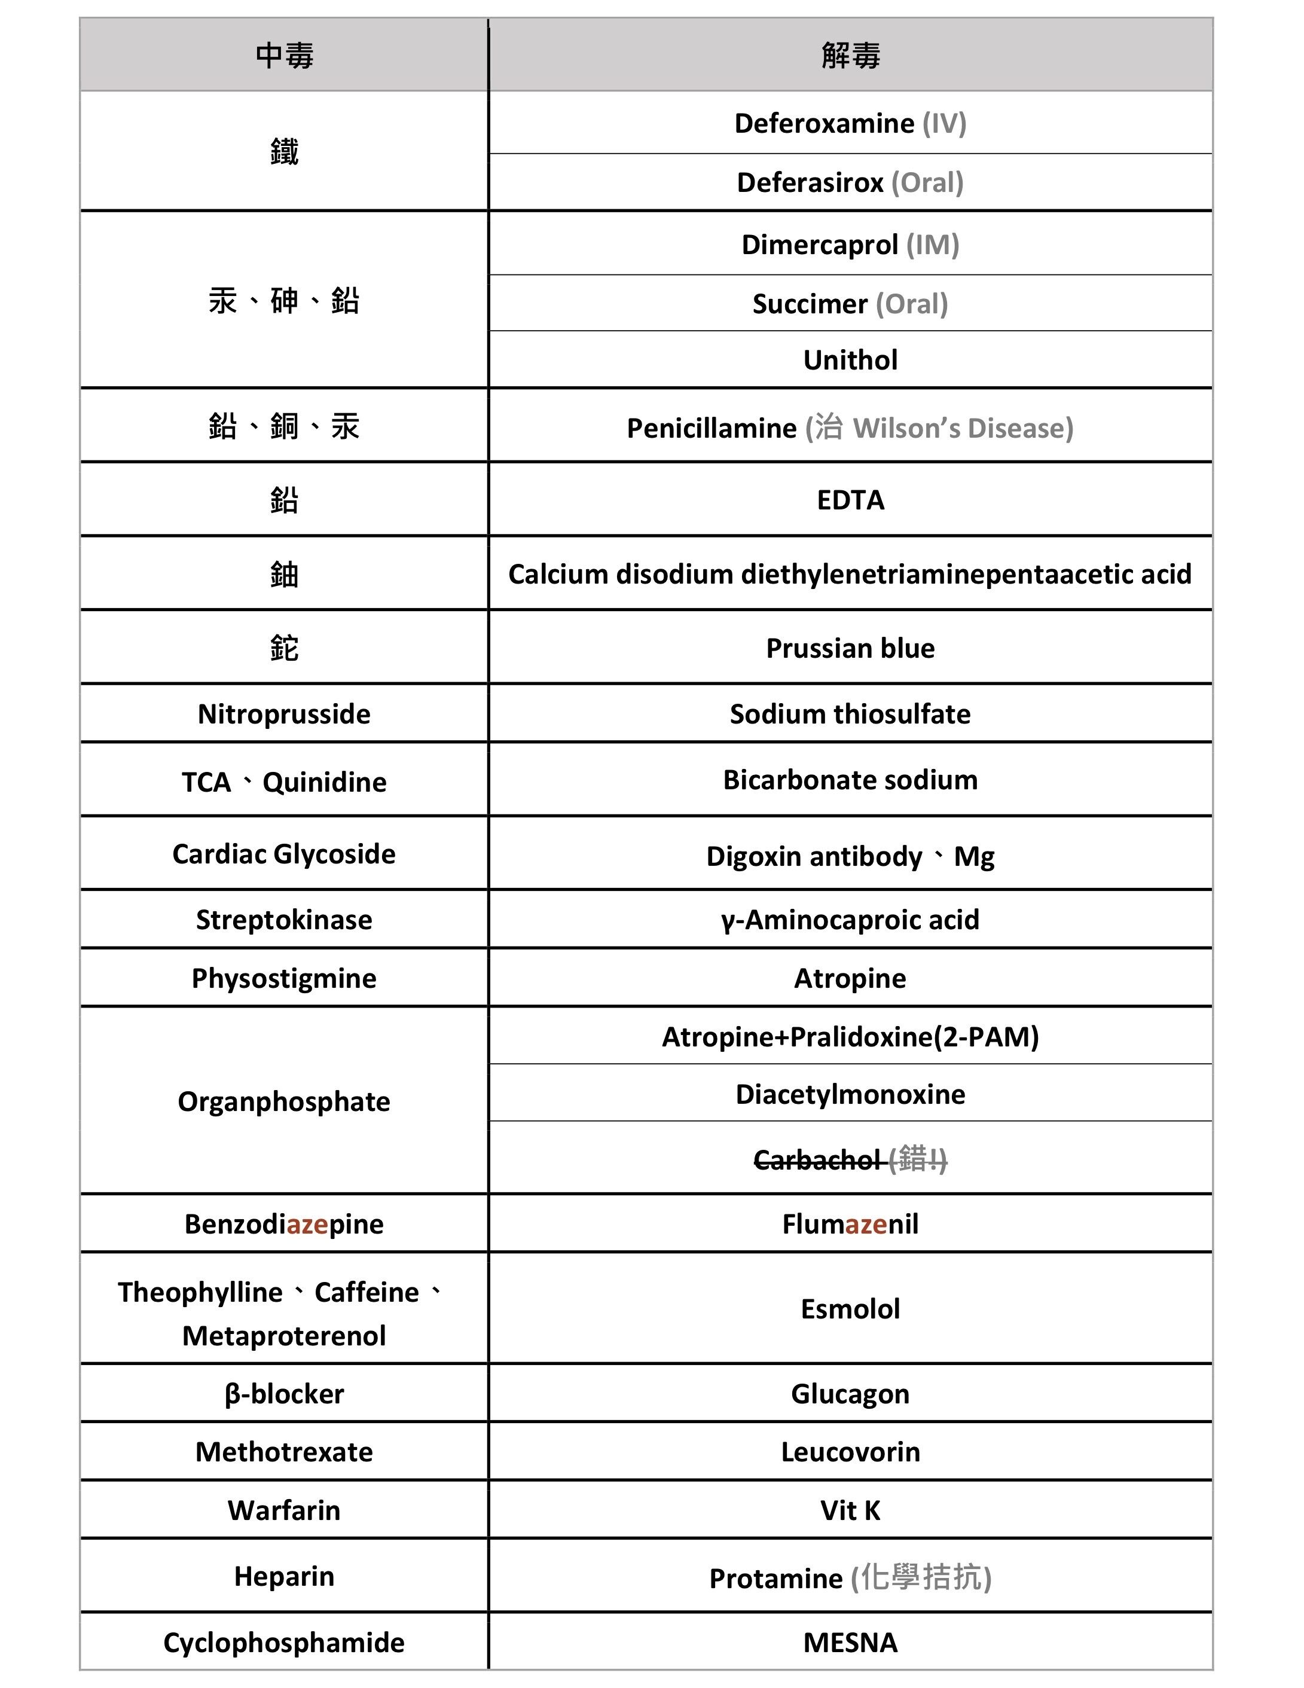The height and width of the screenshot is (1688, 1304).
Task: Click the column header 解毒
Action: coord(850,56)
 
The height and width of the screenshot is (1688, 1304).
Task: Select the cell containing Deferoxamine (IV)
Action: coord(850,124)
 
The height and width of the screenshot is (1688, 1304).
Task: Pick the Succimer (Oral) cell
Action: coord(850,304)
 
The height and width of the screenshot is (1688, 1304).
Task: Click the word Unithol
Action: coord(850,360)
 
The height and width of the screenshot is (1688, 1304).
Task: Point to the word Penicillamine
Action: coord(711,428)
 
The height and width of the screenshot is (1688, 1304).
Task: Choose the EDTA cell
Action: coord(850,500)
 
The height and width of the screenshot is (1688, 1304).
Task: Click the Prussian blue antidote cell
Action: coord(850,648)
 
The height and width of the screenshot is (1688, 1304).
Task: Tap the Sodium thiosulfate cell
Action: coord(850,714)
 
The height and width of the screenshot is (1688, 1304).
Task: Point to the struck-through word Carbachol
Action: coord(816,1160)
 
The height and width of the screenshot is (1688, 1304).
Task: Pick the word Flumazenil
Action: coord(850,1224)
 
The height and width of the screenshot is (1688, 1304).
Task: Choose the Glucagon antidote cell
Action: coord(850,1394)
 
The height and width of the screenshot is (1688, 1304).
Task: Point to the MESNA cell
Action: coord(850,1643)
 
